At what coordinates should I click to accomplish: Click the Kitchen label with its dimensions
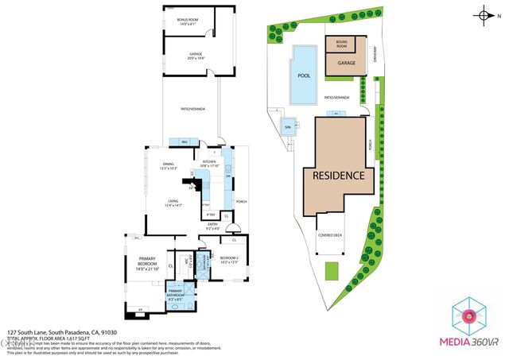tap(211, 163)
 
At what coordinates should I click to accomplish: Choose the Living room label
tap(173, 204)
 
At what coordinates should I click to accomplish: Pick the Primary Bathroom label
tap(174, 299)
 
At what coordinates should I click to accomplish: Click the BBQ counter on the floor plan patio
tap(185, 142)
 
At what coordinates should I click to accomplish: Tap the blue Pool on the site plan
tap(304, 75)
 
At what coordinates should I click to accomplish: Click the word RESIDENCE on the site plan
tap(337, 176)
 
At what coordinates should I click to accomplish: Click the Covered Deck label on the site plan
tap(330, 236)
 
